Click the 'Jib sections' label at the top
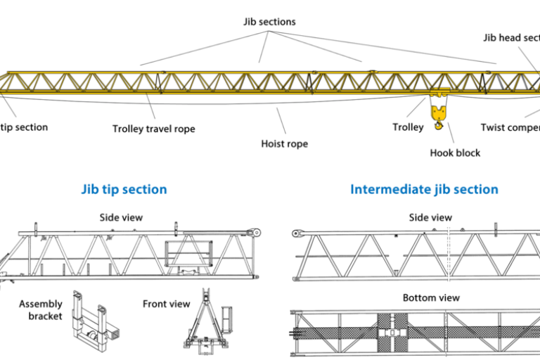tap(269, 22)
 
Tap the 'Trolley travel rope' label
tap(154, 129)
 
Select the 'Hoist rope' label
tap(284, 143)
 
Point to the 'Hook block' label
tap(455, 153)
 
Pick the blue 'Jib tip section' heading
tap(124, 190)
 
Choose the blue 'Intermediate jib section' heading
tap(424, 190)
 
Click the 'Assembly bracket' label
tap(41, 310)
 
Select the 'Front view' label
tap(166, 304)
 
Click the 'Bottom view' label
tap(431, 297)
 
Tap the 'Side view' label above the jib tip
tap(121, 217)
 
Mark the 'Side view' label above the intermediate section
tap(430, 217)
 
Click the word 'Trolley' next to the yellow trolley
tap(408, 127)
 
